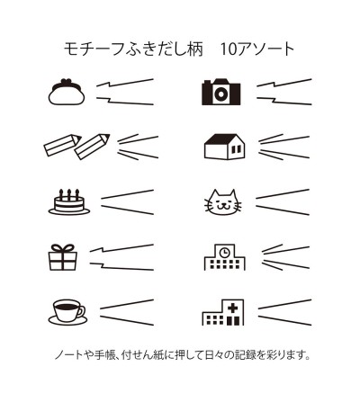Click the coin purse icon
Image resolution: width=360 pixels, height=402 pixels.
[x=67, y=92]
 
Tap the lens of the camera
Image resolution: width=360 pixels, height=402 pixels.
[x=220, y=94]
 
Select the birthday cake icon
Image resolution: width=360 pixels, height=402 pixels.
[x=69, y=201]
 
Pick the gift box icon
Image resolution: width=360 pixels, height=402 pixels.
[x=63, y=257]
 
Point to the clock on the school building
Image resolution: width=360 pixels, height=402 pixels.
[x=223, y=253]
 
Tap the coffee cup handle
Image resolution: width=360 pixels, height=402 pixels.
[x=81, y=311]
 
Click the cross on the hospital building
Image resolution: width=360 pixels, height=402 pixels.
[x=232, y=308]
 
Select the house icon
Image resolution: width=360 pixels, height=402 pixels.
[x=224, y=147]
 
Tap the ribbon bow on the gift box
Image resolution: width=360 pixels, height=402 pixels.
[x=63, y=248]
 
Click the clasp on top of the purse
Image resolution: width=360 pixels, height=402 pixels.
[x=67, y=81]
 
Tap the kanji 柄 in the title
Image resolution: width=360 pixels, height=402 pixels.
[x=196, y=49]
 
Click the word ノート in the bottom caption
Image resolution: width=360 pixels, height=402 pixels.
[x=68, y=355]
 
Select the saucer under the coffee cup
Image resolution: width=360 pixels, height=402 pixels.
[x=67, y=320]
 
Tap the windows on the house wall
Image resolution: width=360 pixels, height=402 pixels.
[x=237, y=149]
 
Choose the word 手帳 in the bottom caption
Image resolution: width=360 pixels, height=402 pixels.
[x=105, y=355]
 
